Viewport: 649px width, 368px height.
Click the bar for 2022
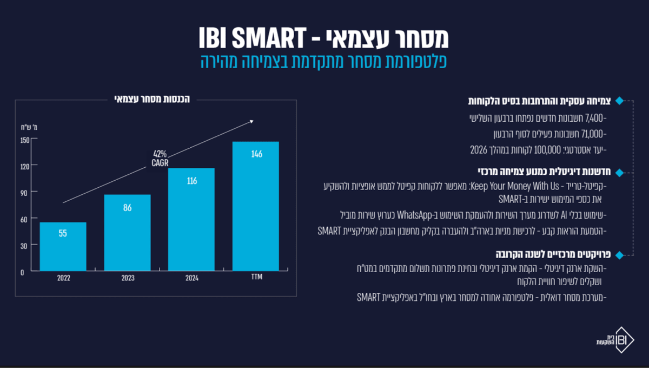[63, 246]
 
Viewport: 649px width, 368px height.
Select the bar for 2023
[128, 233]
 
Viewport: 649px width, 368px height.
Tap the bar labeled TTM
[255, 206]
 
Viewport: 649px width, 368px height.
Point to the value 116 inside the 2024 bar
[192, 181]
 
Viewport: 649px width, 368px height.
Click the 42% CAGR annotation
[160, 159]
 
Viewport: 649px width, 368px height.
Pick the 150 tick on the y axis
[25, 140]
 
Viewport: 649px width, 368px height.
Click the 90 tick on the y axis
[24, 193]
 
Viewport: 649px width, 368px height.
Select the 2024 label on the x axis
[192, 278]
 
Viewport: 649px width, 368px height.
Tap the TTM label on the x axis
[257, 277]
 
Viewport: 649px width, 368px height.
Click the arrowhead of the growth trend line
[252, 122]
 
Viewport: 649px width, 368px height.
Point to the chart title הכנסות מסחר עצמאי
[152, 99]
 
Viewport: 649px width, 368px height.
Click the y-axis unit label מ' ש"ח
[29, 127]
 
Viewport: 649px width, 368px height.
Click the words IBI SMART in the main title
[253, 38]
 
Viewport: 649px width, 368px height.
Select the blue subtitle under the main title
[323, 61]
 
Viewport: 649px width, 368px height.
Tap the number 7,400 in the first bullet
[594, 118]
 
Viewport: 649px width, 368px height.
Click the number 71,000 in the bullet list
[593, 134]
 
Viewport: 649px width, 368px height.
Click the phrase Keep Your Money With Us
[514, 186]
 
